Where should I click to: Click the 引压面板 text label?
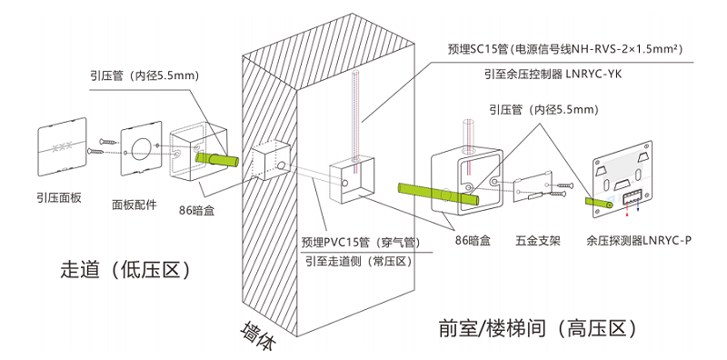click(59, 195)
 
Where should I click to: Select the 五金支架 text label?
click(537, 242)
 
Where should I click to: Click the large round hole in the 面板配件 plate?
click(141, 147)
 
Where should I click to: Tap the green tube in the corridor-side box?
click(216, 160)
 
